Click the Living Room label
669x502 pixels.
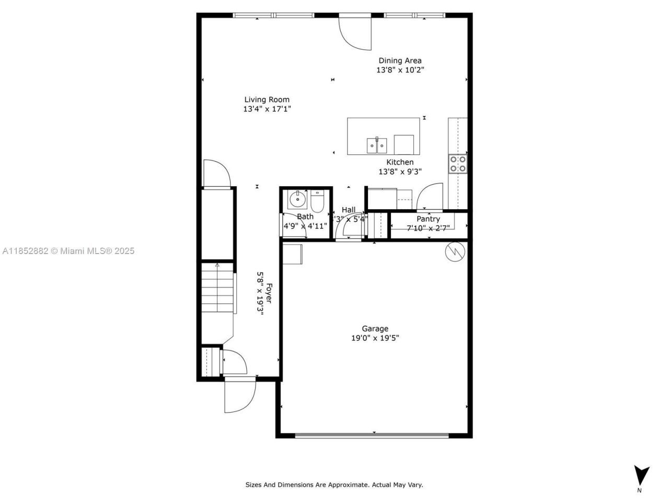point(267,99)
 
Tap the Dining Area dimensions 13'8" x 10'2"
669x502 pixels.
point(400,70)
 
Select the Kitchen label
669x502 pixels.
point(400,162)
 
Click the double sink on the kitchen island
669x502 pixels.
point(376,143)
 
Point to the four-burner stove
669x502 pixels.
point(458,164)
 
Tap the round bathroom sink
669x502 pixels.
point(297,199)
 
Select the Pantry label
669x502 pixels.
point(428,219)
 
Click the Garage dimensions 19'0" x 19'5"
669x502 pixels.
point(375,338)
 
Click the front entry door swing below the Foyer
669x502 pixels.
point(239,395)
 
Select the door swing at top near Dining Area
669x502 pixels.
point(355,32)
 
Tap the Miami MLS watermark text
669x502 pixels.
point(68,251)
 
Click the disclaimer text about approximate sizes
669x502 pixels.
point(334,485)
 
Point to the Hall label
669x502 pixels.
point(349,210)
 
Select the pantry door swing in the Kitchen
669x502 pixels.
point(430,196)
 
